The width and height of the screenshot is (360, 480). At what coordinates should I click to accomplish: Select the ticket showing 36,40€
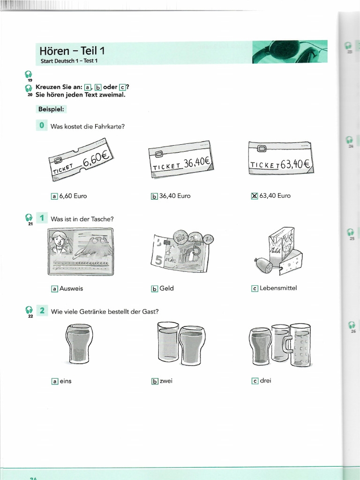click(x=180, y=161)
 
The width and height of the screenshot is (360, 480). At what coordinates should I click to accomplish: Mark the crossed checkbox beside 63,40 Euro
click(x=255, y=196)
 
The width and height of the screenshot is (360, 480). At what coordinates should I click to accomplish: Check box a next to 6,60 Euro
click(x=54, y=196)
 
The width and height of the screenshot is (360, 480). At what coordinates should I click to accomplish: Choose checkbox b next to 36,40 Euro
click(x=155, y=196)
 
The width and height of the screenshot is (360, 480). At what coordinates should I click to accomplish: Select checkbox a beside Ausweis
click(x=54, y=289)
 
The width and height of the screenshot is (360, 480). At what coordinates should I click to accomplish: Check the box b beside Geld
click(x=155, y=289)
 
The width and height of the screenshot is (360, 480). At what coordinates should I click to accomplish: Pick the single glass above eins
click(x=79, y=344)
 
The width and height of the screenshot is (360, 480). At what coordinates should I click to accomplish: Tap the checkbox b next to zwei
click(x=155, y=381)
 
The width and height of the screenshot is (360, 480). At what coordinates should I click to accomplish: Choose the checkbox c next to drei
click(x=255, y=381)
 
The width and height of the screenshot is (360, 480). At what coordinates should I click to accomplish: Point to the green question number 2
click(x=42, y=310)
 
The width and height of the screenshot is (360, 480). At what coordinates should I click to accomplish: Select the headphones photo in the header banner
click(x=289, y=52)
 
